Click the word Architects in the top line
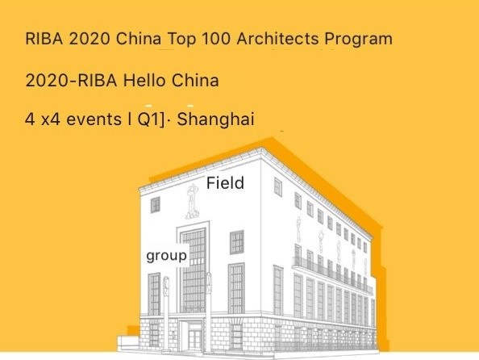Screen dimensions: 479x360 point(277,39)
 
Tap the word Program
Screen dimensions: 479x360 point(358,40)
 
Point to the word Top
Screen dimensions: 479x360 point(181,40)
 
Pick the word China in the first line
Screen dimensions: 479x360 point(139,39)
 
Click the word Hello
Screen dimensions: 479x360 point(144,81)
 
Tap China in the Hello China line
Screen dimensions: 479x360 point(195,81)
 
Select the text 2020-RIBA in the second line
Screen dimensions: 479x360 point(72,81)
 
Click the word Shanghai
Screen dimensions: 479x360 point(215,119)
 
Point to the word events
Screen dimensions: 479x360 point(94,119)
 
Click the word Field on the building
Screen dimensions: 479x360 point(225,183)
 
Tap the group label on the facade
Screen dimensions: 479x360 point(166,256)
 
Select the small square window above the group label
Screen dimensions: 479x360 point(155,205)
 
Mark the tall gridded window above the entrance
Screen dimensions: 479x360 point(194,270)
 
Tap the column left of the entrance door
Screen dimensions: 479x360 point(166,314)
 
